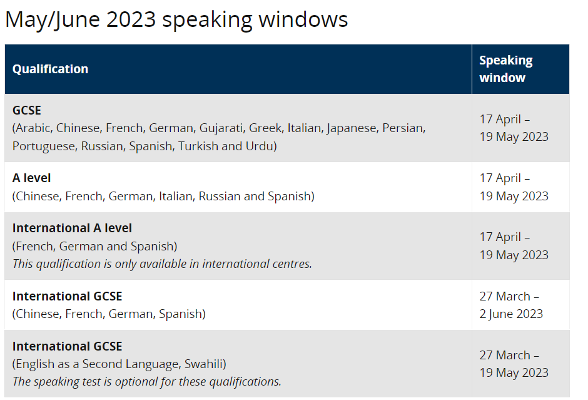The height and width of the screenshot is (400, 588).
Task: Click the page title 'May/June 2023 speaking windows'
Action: [176, 19]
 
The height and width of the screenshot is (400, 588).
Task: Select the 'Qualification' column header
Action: [50, 69]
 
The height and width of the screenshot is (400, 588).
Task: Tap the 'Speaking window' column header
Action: [505, 69]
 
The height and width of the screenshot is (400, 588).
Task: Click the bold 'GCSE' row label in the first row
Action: [26, 110]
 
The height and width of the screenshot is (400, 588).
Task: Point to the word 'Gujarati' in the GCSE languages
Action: [221, 128]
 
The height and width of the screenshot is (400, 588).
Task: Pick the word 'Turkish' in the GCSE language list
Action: [197, 146]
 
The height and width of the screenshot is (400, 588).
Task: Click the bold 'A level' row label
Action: [32, 178]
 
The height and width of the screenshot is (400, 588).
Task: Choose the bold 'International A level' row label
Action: [72, 228]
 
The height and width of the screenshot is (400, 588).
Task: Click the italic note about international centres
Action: [162, 264]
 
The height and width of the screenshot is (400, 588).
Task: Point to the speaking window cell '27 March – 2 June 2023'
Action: [510, 305]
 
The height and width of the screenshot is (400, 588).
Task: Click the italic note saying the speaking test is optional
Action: [146, 381]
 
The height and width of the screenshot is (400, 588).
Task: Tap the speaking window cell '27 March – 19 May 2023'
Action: [514, 364]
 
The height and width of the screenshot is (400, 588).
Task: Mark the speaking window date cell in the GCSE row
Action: [514, 128]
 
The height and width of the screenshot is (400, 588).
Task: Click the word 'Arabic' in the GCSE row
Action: [33, 128]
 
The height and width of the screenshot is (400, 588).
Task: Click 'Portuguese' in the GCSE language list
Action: [43, 146]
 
